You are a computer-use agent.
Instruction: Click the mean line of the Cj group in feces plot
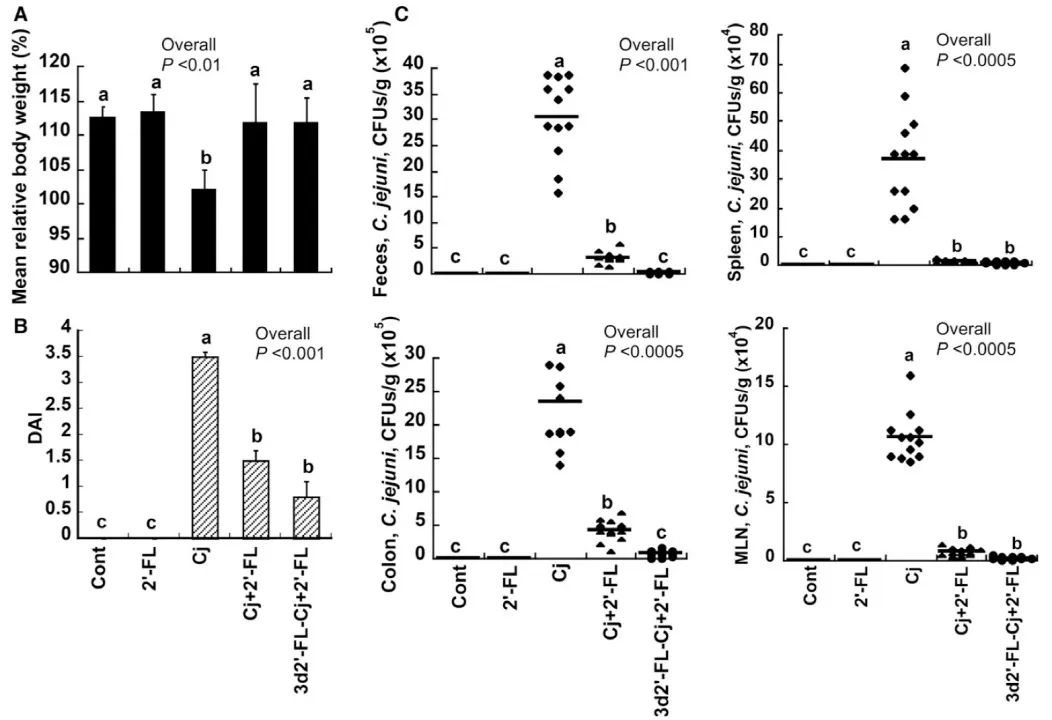click(x=556, y=116)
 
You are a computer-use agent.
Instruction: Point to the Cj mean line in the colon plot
click(x=559, y=401)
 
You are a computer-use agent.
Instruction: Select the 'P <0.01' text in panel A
click(x=191, y=66)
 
